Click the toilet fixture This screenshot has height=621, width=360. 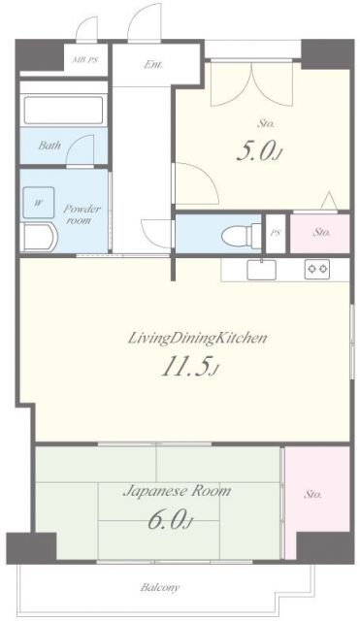(x=242, y=236)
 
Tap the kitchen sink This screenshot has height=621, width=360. (x=261, y=270)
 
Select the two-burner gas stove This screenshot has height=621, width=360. (x=317, y=270)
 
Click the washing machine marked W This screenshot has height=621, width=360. (x=39, y=203)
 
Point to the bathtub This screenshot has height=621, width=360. (x=63, y=110)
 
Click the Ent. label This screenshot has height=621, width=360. (x=152, y=65)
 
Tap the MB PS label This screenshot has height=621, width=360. (x=85, y=60)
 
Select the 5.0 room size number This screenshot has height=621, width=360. (x=260, y=151)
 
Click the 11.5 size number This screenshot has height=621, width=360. (x=189, y=367)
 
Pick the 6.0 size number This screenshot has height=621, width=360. (x=170, y=520)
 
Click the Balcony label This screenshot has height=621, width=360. (x=159, y=587)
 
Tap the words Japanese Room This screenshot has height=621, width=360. (x=177, y=492)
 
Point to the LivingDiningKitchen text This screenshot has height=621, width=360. (x=197, y=339)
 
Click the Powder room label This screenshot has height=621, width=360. (x=82, y=214)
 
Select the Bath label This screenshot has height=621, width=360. (x=49, y=145)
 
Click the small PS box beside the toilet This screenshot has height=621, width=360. (x=276, y=234)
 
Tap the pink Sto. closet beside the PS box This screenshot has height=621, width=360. (x=319, y=233)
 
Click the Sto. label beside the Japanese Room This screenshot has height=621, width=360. (x=312, y=494)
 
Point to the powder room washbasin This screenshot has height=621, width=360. (x=39, y=237)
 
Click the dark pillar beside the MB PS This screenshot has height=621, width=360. (x=40, y=54)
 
